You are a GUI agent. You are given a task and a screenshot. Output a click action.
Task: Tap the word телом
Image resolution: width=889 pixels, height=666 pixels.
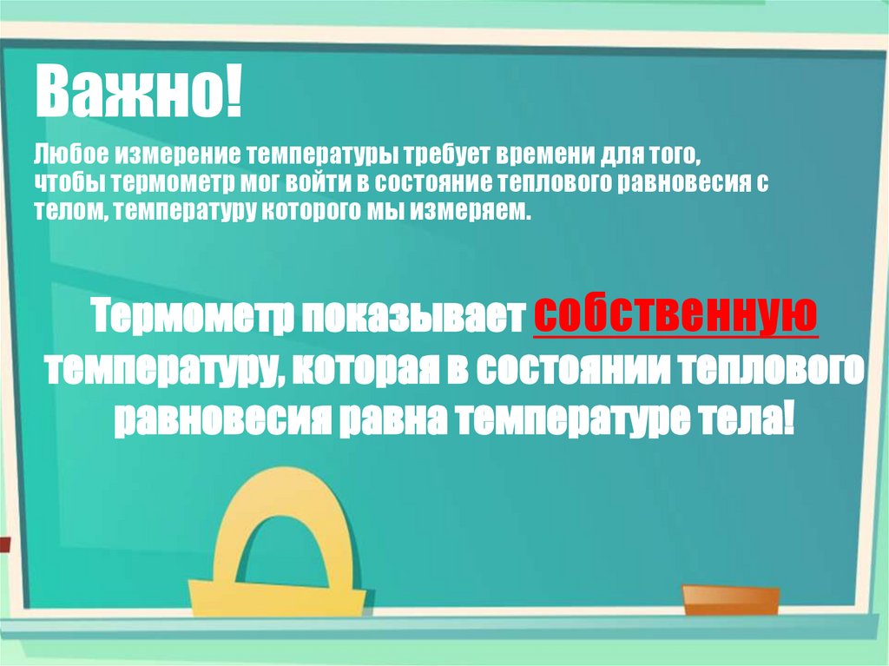click(x=69, y=211)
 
